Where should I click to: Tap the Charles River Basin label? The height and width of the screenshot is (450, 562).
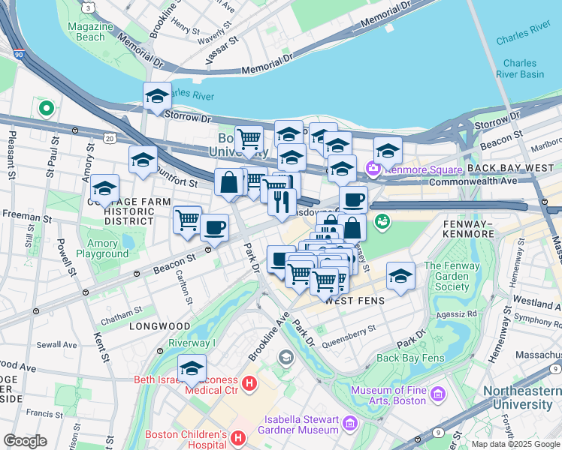(x=524, y=69)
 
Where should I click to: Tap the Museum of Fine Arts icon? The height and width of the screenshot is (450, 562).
(x=439, y=394)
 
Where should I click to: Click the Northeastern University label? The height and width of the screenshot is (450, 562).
(x=521, y=398)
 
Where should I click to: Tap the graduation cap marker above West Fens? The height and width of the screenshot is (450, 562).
(x=401, y=277)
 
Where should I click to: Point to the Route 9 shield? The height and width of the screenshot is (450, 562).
(x=437, y=433)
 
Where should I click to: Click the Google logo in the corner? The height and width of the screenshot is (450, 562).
(x=25, y=441)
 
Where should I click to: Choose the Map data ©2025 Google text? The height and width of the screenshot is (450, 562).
(x=515, y=444)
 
